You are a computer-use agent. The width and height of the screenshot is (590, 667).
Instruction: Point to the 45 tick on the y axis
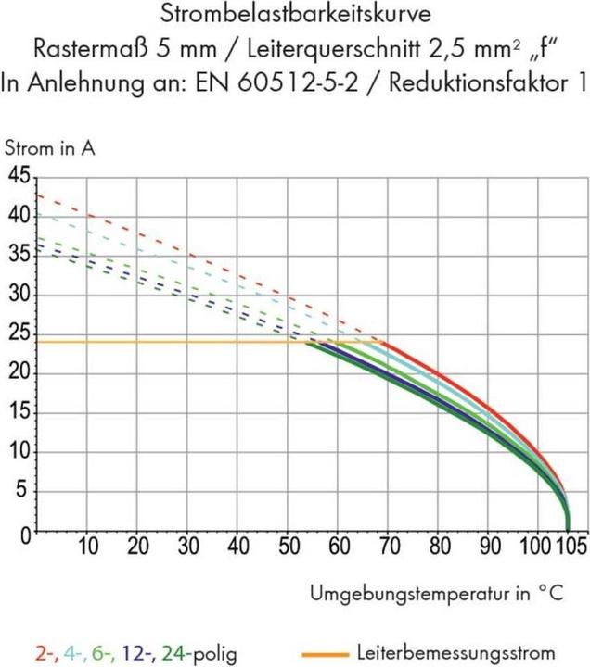[19, 176]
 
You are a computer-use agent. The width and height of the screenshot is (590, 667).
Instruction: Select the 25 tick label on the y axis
[19, 335]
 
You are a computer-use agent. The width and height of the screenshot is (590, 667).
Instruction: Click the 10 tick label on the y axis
[19, 454]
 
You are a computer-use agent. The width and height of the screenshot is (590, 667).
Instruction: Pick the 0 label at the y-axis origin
[25, 535]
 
